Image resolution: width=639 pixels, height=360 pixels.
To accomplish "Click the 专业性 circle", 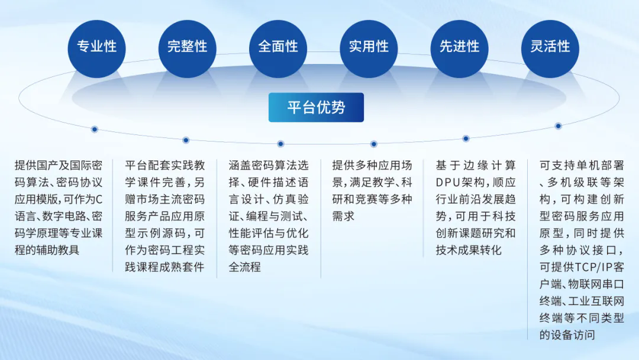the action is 96,49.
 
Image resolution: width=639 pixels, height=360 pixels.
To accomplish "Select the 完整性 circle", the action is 188,49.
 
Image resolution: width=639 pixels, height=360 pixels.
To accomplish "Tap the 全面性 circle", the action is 278,49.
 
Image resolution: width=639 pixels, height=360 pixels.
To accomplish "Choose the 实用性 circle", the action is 369,49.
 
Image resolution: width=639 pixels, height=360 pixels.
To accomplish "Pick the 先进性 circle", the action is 459,49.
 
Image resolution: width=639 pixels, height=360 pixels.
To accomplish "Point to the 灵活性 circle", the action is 550,49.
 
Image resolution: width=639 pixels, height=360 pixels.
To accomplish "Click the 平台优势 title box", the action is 316,107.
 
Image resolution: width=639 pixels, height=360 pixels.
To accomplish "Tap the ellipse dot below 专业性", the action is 95,129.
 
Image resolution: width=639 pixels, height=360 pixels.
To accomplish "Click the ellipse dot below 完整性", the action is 186,140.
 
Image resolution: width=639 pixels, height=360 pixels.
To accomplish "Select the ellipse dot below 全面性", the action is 280,144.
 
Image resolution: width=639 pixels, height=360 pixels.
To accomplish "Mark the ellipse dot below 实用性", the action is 374,144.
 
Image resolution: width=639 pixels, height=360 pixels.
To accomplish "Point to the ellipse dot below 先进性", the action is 466,139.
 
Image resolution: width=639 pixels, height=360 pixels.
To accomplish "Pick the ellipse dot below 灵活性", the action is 559,126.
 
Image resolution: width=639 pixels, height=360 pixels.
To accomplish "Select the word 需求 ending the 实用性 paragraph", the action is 343,216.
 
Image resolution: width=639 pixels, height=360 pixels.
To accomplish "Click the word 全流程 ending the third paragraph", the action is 244,267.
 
